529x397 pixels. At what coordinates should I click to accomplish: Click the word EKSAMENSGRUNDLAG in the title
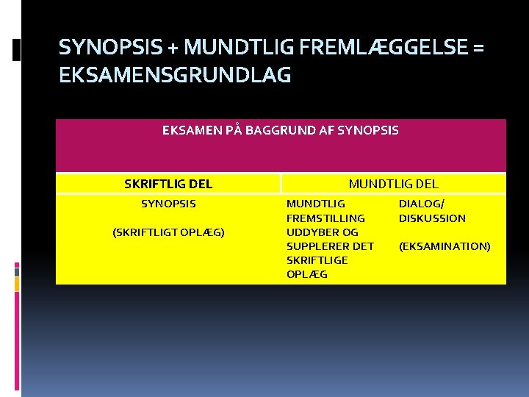pos(175,75)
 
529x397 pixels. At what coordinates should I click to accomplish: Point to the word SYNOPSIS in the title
pos(112,48)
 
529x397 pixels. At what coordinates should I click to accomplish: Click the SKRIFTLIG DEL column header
pos(168,183)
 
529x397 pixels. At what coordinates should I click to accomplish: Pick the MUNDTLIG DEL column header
pos(393,183)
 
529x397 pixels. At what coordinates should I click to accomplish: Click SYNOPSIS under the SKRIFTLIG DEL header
pos(168,204)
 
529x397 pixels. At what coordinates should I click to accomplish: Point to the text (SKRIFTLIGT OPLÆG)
pos(168,232)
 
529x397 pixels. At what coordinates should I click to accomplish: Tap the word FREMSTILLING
pos(325,218)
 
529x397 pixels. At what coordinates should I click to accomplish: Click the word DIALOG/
pos(422,204)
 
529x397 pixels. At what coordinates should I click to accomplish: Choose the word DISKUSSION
pos(432,218)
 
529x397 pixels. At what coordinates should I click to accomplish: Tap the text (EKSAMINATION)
pos(445,246)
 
